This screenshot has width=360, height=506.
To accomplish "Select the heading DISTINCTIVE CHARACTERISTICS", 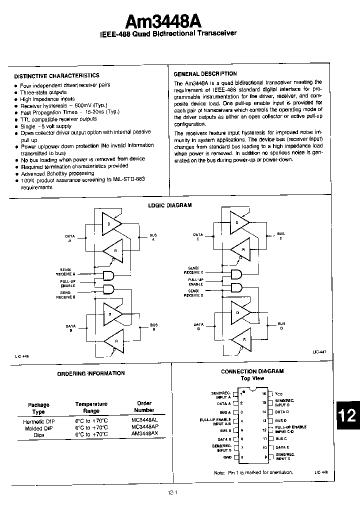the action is click(56, 75).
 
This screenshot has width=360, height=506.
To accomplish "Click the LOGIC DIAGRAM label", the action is click(170, 205).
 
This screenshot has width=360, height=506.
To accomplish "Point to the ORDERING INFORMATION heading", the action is click(91, 373).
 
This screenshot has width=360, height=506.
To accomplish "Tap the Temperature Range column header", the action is click(91, 407).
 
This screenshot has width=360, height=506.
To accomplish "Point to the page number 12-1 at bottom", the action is click(173, 492).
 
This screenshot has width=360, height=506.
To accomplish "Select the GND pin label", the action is click(227, 457).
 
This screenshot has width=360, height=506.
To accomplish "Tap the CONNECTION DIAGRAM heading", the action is click(252, 371).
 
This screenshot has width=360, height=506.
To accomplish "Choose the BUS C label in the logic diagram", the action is click(280, 236).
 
